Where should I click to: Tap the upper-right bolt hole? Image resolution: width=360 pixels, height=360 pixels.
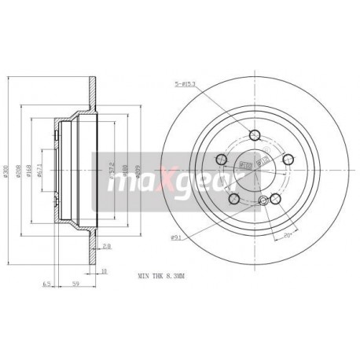[x=288, y=160]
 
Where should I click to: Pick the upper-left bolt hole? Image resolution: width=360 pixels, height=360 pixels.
[x=222, y=161]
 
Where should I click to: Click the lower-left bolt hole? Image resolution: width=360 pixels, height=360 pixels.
[x=234, y=199]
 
